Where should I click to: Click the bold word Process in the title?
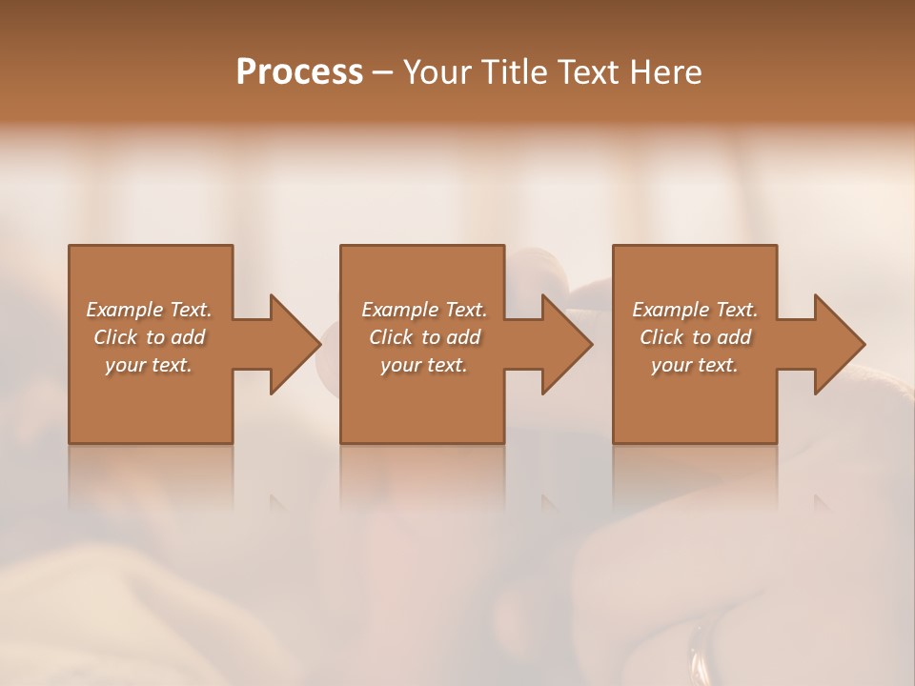click(299, 72)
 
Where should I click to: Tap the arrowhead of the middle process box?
click(566, 344)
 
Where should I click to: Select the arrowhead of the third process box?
click(839, 344)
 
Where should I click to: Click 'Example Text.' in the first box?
click(149, 310)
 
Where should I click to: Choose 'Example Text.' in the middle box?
click(424, 310)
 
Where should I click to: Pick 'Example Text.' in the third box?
click(695, 310)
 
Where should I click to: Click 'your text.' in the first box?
click(149, 365)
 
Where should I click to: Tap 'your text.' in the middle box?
click(424, 365)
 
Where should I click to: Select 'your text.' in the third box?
click(695, 365)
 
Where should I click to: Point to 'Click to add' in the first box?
click(149, 337)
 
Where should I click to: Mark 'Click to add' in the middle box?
click(424, 337)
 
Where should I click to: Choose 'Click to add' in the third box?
click(695, 337)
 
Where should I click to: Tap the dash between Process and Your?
click(382, 72)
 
